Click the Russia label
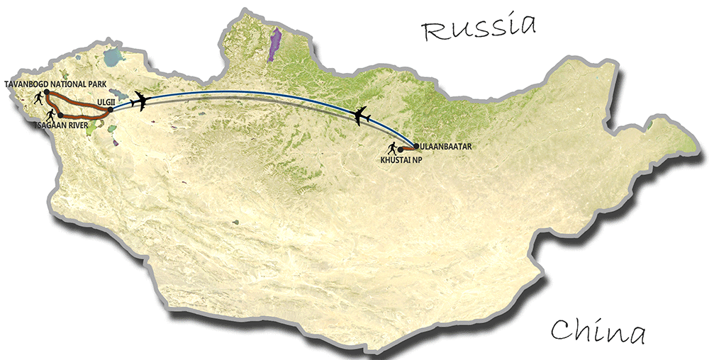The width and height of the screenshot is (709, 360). point(477,29)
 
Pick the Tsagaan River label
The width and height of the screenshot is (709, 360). point(62,123)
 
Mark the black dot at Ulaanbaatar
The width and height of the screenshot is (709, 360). point(416,147)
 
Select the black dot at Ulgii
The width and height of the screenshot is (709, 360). point(111,109)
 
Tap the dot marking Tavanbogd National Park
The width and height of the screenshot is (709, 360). point(45,93)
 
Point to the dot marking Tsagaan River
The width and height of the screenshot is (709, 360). point(60,115)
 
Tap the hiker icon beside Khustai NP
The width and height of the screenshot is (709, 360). point(391,148)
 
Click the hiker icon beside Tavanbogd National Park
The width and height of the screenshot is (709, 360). point(35,99)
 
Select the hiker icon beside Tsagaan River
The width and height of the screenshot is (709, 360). point(50,113)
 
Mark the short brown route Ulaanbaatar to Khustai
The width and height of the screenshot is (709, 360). point(408,149)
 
